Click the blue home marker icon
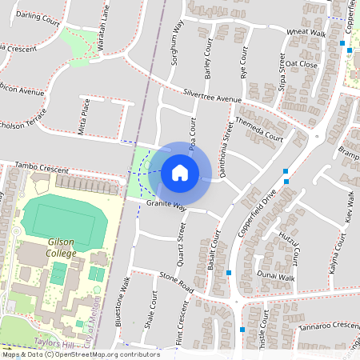[x=179, y=173]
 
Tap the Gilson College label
[x=62, y=248]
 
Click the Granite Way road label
[x=166, y=206]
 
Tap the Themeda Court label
[x=262, y=130]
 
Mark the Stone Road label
[x=177, y=281]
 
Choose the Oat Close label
[x=302, y=64]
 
